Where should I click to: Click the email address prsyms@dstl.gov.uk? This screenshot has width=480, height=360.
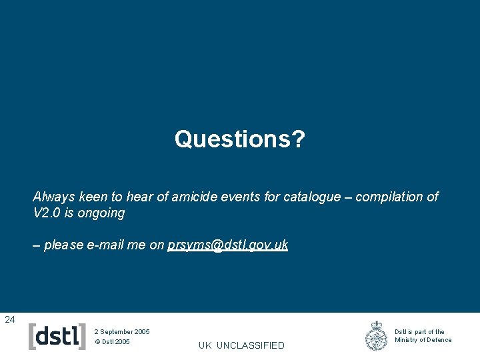(228, 245)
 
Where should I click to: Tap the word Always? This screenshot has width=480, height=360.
(53, 197)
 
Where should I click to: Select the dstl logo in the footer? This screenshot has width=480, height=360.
(58, 336)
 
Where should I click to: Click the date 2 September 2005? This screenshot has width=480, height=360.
(122, 331)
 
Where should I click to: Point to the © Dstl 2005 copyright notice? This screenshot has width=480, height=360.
(112, 342)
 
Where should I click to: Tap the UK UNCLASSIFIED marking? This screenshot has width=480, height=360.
(241, 345)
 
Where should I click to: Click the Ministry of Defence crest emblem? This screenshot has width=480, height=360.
(377, 336)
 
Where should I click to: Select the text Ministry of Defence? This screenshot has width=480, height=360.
(423, 340)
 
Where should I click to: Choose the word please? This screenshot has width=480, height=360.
(63, 245)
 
